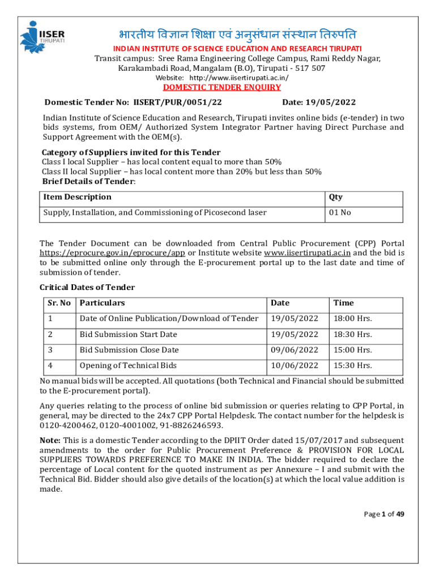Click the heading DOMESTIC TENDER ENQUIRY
[x=222, y=87]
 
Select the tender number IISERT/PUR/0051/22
[x=177, y=103]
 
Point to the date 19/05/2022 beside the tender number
[x=331, y=103]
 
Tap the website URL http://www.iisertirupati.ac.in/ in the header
[x=239, y=77]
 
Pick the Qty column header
[x=335, y=197]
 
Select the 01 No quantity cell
[x=340, y=213]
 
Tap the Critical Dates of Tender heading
[x=87, y=287]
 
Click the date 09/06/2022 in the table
[x=294, y=350]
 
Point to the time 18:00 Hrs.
[x=352, y=319]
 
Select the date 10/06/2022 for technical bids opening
[x=294, y=366]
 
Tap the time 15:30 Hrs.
[x=352, y=366]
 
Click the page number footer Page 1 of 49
[x=384, y=514]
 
